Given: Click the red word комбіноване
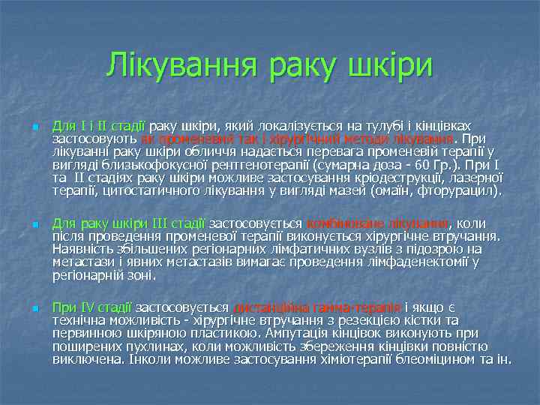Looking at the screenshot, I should [346, 223].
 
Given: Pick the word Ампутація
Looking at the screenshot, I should [272, 334].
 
